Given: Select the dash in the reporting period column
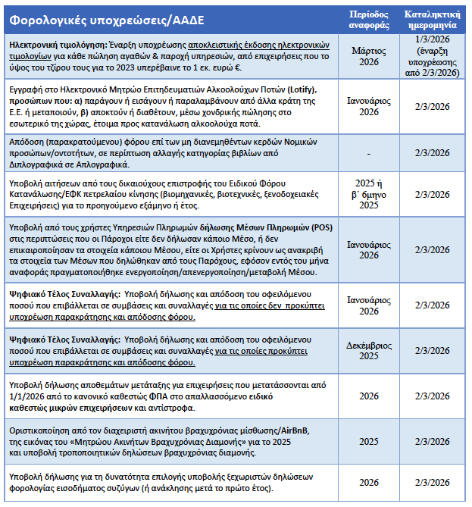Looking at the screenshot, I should [x=369, y=152].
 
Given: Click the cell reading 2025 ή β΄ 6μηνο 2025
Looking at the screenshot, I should [x=369, y=193].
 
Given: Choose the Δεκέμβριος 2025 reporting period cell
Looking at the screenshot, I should [x=369, y=351].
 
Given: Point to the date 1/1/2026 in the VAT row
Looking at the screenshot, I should [x=25, y=396].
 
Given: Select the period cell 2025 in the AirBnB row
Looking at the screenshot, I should [x=369, y=441].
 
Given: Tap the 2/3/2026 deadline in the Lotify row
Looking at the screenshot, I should [x=433, y=106].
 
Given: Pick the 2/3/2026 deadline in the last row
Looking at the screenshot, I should [x=433, y=482].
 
